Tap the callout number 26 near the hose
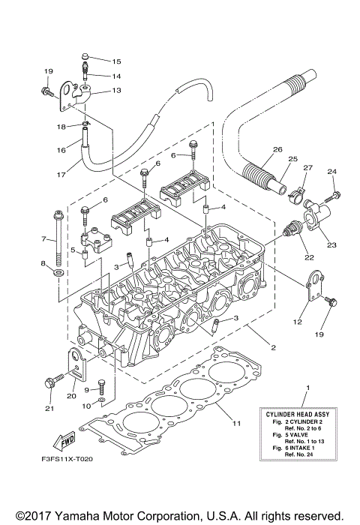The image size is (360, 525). [x=277, y=150]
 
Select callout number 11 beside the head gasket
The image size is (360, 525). [x=237, y=424]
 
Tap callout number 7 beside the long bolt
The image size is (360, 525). [x=44, y=240]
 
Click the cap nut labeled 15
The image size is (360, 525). [x=85, y=56]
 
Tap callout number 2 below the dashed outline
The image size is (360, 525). [x=272, y=347]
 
